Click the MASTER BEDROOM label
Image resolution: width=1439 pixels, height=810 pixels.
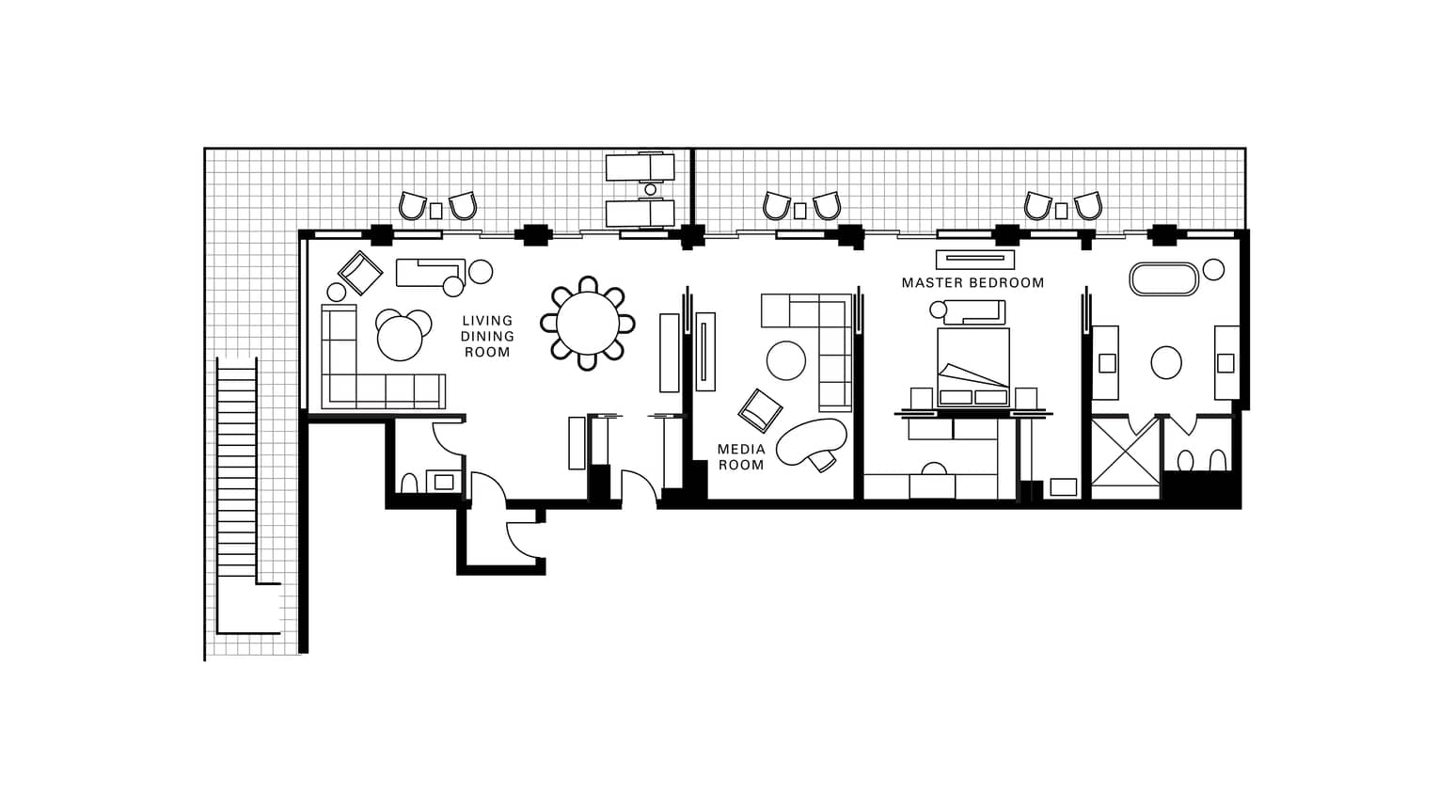click(973, 282)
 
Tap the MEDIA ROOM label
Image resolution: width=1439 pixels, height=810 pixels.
click(741, 456)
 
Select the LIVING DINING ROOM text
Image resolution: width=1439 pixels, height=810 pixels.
click(487, 336)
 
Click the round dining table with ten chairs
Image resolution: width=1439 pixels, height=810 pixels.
click(588, 323)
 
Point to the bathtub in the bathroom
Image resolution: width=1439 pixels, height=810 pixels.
click(1163, 279)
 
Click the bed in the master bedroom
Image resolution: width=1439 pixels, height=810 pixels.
click(973, 367)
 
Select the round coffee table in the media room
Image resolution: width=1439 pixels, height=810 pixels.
click(785, 360)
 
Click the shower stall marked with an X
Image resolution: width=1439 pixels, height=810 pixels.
click(1126, 458)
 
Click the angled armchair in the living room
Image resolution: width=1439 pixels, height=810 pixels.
click(359, 273)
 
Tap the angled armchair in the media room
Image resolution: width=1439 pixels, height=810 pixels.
click(760, 410)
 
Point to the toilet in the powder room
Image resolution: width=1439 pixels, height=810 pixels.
click(408, 483)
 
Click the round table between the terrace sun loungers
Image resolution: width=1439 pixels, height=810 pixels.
click(651, 189)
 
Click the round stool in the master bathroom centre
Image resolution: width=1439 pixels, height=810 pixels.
click(1166, 362)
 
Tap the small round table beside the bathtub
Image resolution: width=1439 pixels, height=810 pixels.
click(1213, 270)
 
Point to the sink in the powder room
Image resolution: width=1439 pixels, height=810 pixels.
click(443, 481)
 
